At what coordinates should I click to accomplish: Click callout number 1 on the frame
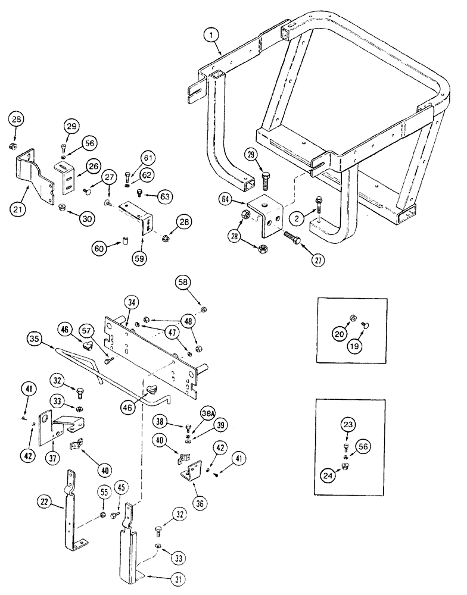(212, 35)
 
